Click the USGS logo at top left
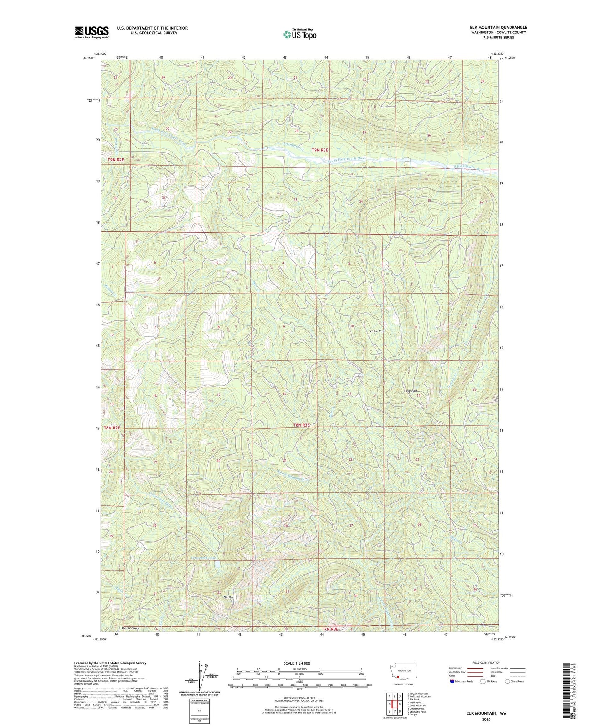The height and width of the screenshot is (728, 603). click(91, 32)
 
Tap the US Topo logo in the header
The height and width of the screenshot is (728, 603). click(299, 34)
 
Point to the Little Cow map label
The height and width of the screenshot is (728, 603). click(377, 331)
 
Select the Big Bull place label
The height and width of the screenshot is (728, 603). click(411, 391)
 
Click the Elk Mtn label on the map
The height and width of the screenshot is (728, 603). click(229, 597)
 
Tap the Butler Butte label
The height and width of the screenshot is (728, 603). click(130, 628)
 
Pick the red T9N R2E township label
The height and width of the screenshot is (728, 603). click(116, 160)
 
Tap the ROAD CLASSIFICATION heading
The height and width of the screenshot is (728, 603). click(486, 663)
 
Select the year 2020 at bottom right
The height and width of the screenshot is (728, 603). click(486, 720)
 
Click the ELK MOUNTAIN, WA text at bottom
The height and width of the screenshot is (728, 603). click(486, 713)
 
